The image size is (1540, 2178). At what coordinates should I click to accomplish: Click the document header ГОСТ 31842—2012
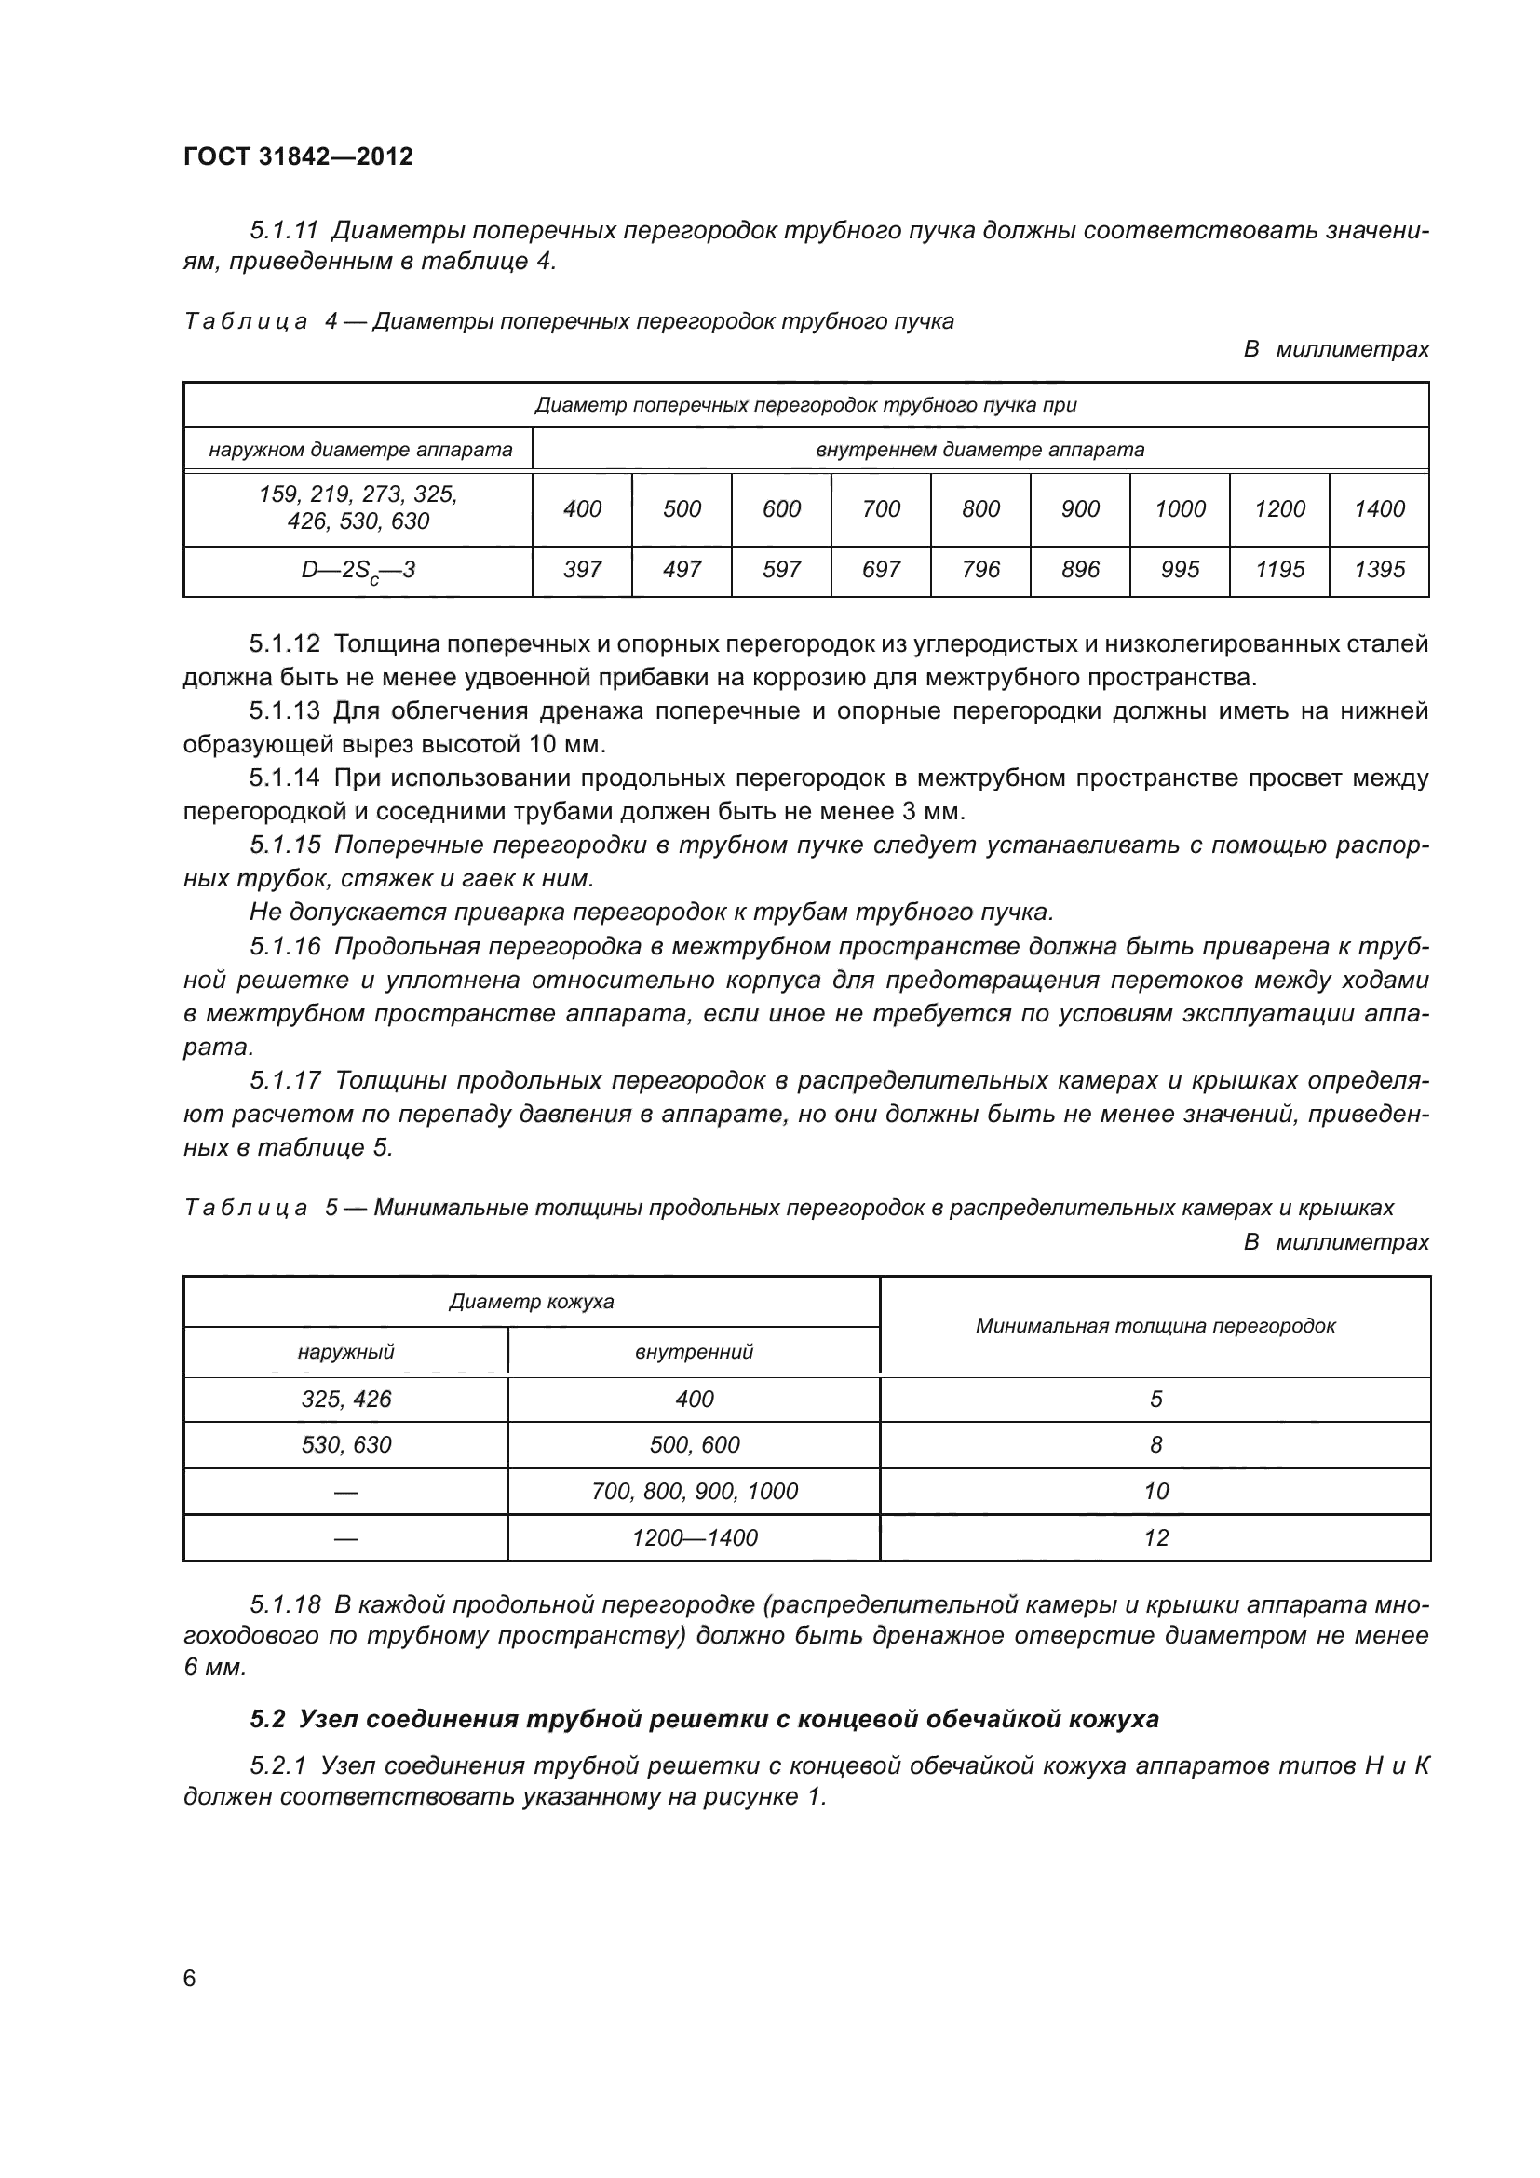[298, 156]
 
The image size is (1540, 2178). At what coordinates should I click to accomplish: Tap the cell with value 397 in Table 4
[581, 569]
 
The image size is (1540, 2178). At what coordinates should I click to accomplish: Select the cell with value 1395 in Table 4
[1379, 569]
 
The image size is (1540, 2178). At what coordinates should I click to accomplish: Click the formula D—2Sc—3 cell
[358, 571]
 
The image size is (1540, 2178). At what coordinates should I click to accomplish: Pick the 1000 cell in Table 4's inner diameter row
[1180, 509]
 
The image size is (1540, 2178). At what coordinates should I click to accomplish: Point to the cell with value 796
[980, 569]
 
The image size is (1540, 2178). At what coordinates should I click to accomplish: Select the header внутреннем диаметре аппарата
[980, 450]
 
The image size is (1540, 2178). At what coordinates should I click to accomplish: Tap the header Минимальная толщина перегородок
[1155, 1325]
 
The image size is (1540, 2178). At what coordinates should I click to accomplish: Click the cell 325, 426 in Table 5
[346, 1400]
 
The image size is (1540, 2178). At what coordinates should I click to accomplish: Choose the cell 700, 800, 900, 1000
[695, 1491]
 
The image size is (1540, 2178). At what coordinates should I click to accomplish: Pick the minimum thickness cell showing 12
[1155, 1537]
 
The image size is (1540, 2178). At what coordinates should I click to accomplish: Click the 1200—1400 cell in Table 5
[695, 1537]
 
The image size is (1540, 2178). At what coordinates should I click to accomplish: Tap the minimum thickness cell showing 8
[1155, 1445]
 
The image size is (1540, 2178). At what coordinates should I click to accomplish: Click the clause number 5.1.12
[285, 644]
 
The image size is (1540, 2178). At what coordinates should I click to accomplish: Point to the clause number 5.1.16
[286, 946]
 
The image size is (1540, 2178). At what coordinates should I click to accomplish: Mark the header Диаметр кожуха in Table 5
[531, 1302]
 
